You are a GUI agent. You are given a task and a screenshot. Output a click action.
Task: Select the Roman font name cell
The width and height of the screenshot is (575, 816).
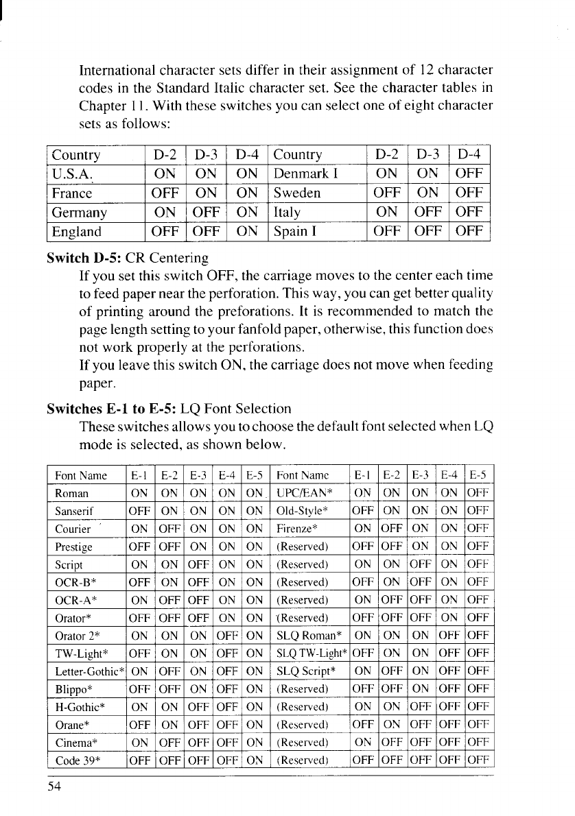click(72, 493)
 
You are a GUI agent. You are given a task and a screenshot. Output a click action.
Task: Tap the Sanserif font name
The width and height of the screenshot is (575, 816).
click(75, 511)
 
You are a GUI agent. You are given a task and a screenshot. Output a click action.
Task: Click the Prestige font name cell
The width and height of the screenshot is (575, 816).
click(74, 547)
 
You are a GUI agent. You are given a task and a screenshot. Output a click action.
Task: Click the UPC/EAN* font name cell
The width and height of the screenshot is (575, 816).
click(304, 493)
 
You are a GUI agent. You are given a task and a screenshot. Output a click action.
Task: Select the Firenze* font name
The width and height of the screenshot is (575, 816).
click(296, 529)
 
